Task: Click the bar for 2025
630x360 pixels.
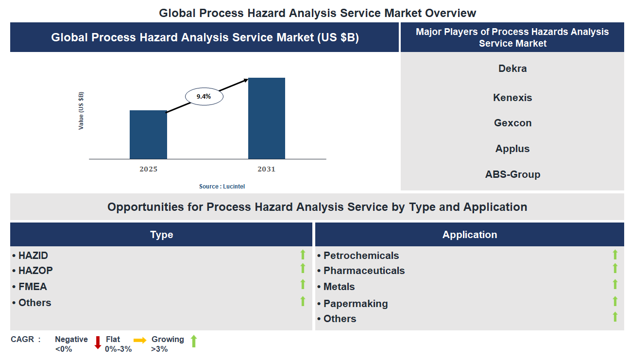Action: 148,135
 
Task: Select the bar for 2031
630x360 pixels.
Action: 266,118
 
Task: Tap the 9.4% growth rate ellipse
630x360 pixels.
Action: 204,97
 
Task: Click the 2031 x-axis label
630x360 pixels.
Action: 266,169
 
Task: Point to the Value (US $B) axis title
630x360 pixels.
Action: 81,110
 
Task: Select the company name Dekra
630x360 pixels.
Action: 512,69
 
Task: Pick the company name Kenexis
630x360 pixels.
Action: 512,98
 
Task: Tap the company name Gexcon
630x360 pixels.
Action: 512,123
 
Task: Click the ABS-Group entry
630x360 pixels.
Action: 512,174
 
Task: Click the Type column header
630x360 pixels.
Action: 161,235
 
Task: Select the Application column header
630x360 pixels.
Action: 469,235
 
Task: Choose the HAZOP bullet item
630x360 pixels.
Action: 35,271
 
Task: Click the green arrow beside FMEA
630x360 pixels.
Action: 303,285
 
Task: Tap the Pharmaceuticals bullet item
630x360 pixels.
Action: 363,271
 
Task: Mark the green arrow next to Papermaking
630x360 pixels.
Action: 615,301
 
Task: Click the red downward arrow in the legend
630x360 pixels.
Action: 98,343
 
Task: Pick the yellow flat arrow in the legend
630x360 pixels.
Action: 140,340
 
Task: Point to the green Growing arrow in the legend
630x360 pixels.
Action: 193,341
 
